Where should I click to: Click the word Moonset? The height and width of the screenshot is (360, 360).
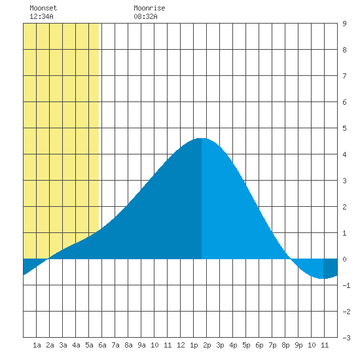click(43, 8)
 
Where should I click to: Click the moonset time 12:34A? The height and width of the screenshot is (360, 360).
click(41, 16)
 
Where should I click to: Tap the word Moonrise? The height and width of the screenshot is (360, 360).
click(149, 8)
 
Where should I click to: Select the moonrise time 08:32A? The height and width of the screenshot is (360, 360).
click(145, 16)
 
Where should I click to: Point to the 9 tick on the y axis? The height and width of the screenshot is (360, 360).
click(344, 24)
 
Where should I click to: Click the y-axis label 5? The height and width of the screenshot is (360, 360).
click(344, 128)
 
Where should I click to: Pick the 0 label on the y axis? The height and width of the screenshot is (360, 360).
click(344, 259)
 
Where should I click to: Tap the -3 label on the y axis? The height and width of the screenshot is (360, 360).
click(346, 338)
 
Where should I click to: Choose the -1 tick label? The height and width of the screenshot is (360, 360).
click(346, 285)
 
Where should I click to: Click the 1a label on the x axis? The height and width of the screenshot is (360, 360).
click(37, 345)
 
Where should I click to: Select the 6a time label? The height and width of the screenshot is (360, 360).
click(102, 345)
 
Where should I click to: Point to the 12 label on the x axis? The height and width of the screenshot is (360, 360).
click(181, 345)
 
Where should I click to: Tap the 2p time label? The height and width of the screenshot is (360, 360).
click(207, 345)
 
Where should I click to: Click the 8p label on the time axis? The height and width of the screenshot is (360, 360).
click(285, 345)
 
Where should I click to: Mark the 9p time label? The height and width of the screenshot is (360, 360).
click(298, 345)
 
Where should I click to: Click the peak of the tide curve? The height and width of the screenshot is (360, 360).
click(202, 139)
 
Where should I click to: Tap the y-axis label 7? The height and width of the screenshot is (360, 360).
click(344, 76)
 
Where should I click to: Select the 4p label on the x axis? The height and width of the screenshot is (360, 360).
click(233, 345)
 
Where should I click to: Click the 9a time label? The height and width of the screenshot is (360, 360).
click(141, 345)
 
